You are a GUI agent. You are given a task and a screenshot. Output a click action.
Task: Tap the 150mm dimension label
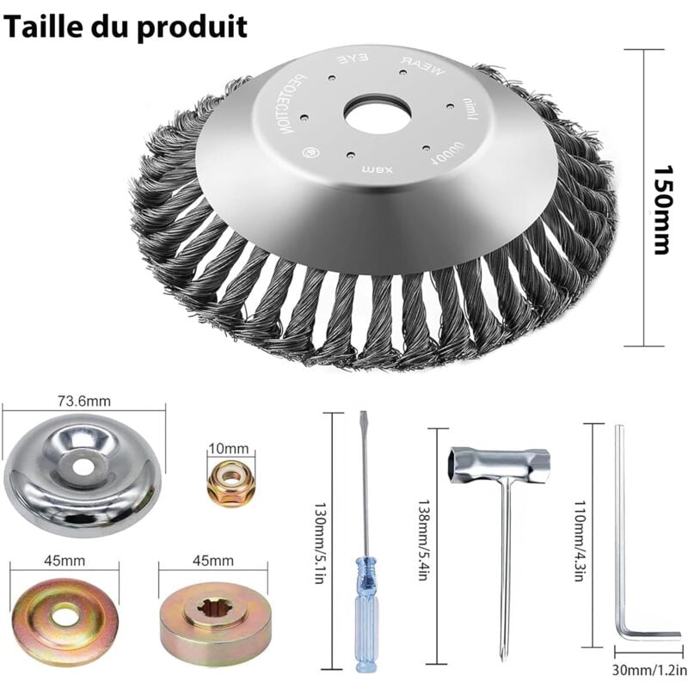tap(660, 198)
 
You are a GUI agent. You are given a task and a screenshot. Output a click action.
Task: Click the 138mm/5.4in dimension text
tap(421, 540)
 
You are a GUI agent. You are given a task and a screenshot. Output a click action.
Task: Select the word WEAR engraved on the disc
tap(420, 66)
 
